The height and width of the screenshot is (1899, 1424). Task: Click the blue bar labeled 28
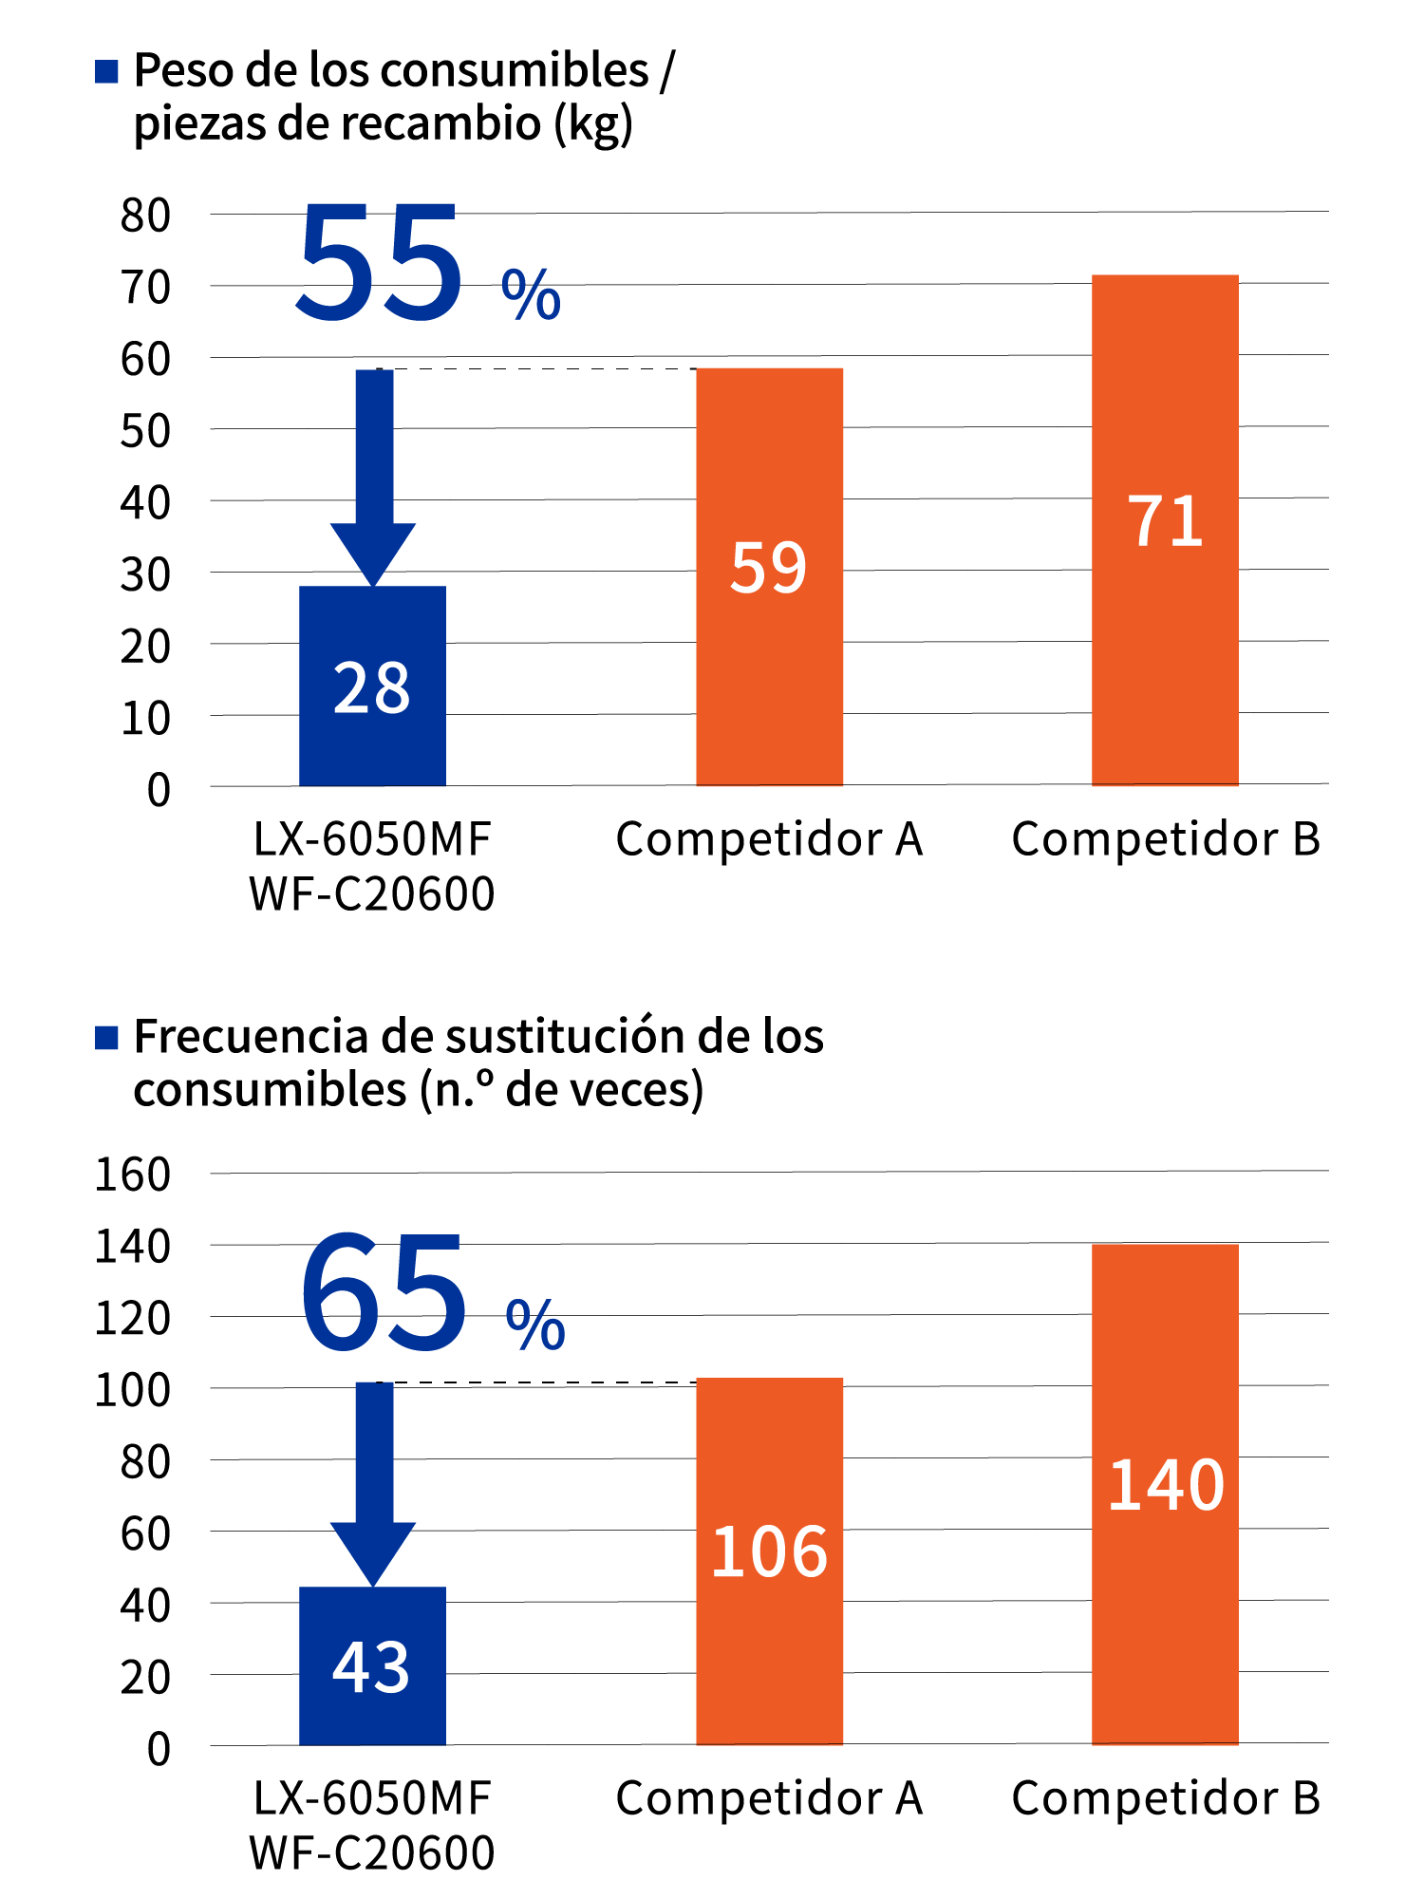[x=372, y=686]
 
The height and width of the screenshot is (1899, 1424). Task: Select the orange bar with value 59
[x=769, y=575]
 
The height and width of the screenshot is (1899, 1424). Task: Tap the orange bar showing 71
[x=1165, y=529]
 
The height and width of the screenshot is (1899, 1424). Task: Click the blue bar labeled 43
[x=372, y=1665]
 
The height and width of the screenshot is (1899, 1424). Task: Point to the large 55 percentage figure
[x=380, y=263]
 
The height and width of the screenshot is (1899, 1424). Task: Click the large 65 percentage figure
[x=384, y=1292]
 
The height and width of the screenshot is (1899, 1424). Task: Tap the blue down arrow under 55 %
[x=374, y=475]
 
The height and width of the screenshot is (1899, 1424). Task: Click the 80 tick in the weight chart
[x=145, y=216]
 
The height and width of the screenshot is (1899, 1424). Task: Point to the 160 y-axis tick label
[x=132, y=1175]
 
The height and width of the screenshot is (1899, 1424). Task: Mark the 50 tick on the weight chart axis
[x=145, y=431]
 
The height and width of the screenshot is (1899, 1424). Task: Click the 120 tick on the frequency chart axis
[x=132, y=1318]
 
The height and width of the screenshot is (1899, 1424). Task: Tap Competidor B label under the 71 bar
[x=1165, y=839]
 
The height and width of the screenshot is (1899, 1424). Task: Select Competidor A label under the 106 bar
[x=769, y=1798]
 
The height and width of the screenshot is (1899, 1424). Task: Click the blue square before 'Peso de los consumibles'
[x=106, y=71]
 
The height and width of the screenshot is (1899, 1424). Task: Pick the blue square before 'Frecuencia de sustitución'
[x=106, y=1038]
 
